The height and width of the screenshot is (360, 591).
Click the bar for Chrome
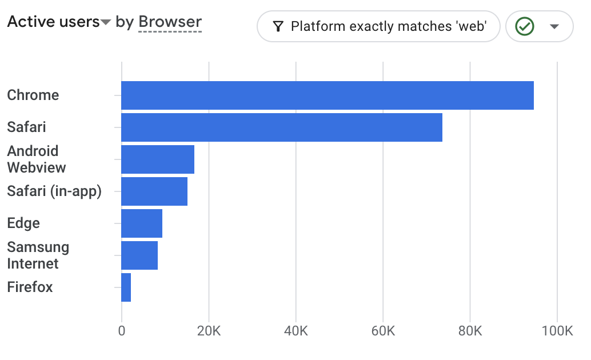pyautogui.click(x=327, y=95)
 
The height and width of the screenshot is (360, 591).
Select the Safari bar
pyautogui.click(x=282, y=127)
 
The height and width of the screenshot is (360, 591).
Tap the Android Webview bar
pyautogui.click(x=158, y=159)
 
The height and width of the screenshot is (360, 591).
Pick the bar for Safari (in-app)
pyautogui.click(x=154, y=191)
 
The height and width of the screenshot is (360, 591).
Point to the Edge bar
pyautogui.click(x=142, y=223)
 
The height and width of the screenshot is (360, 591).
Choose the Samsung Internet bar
pyautogui.click(x=139, y=255)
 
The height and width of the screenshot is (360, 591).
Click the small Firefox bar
pyautogui.click(x=126, y=287)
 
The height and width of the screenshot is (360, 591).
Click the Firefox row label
pyautogui.click(x=30, y=287)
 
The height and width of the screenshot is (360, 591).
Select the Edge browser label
pyautogui.click(x=23, y=223)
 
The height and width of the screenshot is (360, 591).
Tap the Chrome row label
pyautogui.click(x=33, y=95)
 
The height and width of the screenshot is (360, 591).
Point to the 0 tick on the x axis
pyautogui.click(x=122, y=331)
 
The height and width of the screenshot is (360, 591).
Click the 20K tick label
pyautogui.click(x=209, y=331)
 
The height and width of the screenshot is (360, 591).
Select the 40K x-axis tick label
pyautogui.click(x=296, y=331)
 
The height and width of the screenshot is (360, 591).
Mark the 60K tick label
pyautogui.click(x=383, y=331)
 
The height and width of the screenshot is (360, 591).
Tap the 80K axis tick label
pyautogui.click(x=470, y=331)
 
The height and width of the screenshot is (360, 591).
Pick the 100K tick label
pyautogui.click(x=557, y=331)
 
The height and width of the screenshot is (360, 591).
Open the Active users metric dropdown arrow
pyautogui.click(x=106, y=23)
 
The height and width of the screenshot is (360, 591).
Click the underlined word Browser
pyautogui.click(x=170, y=22)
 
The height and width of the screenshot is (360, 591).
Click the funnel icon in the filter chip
pyautogui.click(x=278, y=26)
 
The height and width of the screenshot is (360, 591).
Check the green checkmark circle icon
pyautogui.click(x=525, y=26)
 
